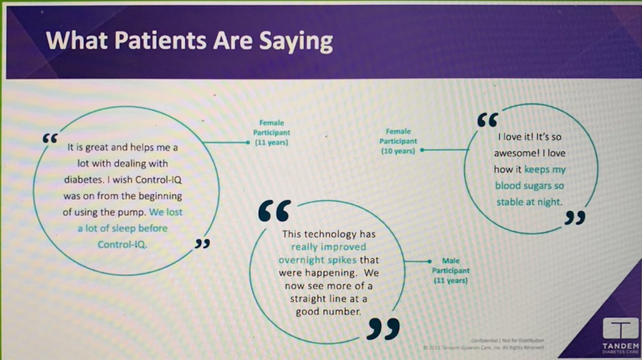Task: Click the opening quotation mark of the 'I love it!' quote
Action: click(487, 120)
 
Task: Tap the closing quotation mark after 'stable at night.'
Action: click(575, 218)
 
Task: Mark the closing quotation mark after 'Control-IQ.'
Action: click(201, 244)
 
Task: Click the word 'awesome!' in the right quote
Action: click(516, 153)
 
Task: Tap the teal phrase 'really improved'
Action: click(328, 247)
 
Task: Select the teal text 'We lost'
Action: click(165, 211)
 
